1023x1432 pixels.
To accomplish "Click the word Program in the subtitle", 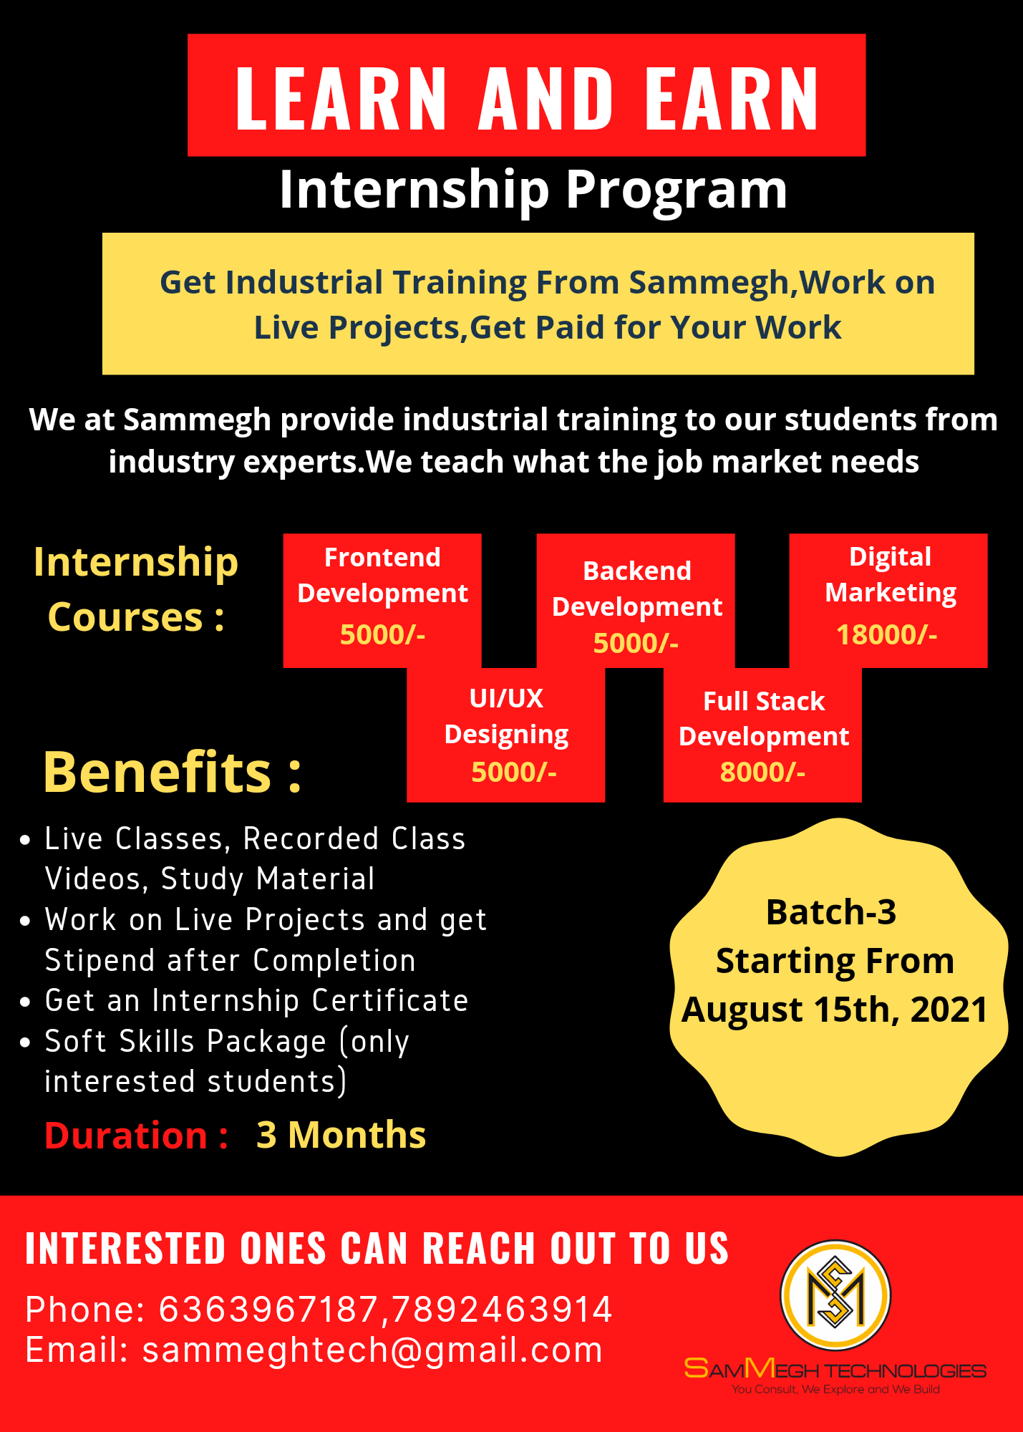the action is (677, 190).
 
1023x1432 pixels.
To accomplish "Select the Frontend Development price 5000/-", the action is (382, 635).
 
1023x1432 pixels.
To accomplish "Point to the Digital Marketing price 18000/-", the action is (886, 635).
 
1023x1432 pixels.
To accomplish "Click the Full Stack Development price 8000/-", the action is (762, 773).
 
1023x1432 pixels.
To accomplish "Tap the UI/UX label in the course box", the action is (506, 699).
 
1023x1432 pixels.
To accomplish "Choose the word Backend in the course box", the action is (637, 571).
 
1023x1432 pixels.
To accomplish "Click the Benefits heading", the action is (173, 773).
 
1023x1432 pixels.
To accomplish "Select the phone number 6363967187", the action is (268, 1310).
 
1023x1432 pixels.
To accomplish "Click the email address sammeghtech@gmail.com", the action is (372, 1350).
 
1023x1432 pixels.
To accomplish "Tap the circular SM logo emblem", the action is (835, 1295).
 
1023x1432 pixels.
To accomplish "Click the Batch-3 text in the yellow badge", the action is (831, 912).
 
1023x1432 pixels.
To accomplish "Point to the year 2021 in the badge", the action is (949, 1010).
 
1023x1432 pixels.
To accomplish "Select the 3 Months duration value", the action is (341, 1136).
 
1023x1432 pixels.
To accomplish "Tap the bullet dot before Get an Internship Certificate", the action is (26, 1002).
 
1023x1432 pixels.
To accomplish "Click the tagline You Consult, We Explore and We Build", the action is (835, 1390).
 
